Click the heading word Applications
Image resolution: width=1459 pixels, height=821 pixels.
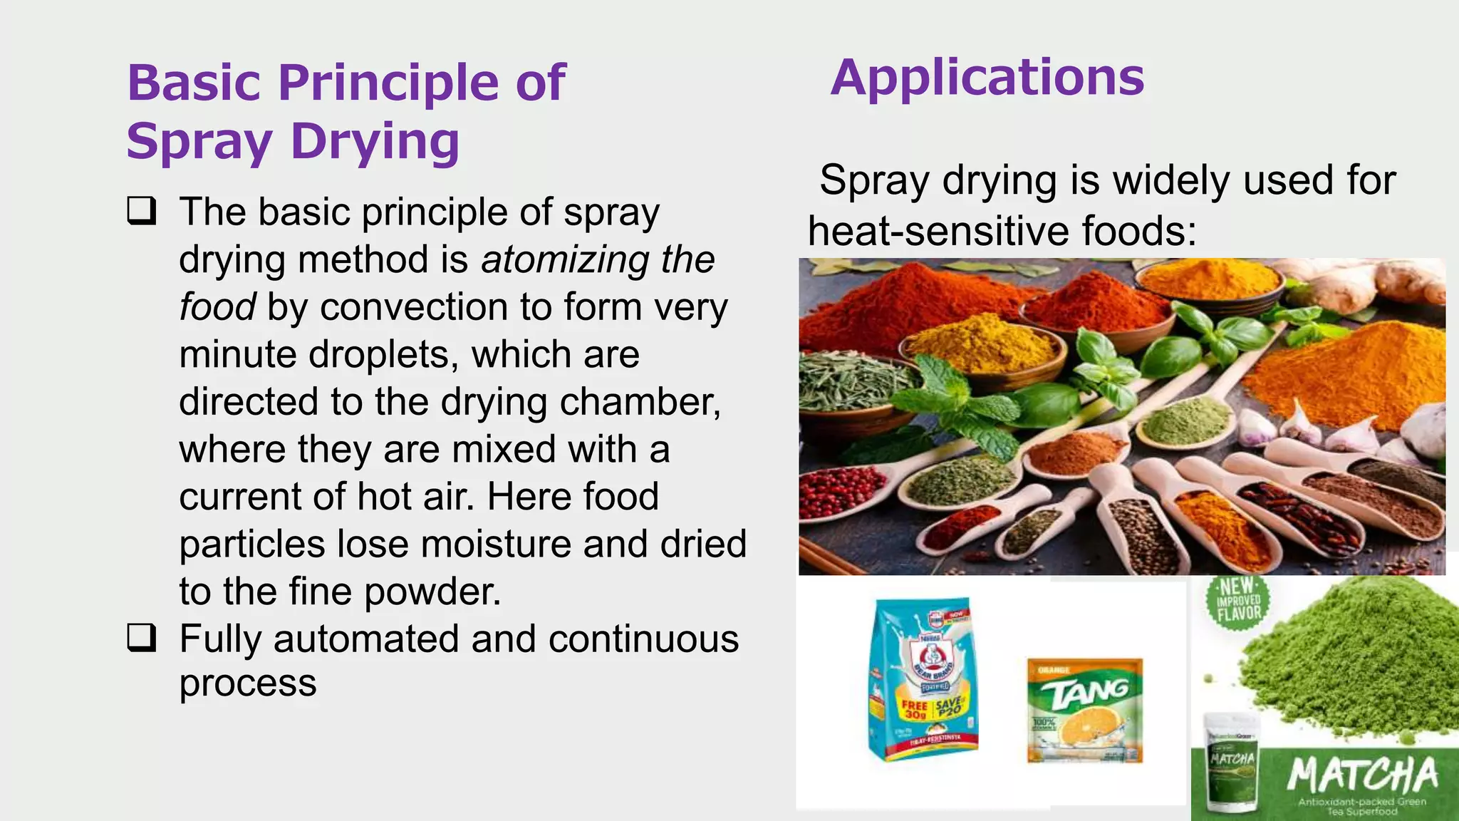click(x=987, y=78)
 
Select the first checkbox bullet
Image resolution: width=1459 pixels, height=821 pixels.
click(x=142, y=212)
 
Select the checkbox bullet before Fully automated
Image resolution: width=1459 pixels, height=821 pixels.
click(x=142, y=638)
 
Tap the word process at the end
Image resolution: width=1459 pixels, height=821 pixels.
click(x=247, y=683)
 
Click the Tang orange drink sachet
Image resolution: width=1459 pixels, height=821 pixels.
click(x=1084, y=711)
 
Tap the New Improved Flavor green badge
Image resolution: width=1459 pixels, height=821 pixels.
click(x=1238, y=600)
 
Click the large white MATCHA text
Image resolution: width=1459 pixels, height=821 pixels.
click(x=1362, y=775)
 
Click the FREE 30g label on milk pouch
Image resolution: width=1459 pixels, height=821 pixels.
click(x=914, y=709)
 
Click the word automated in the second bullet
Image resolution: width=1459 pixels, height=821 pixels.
click(x=366, y=639)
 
